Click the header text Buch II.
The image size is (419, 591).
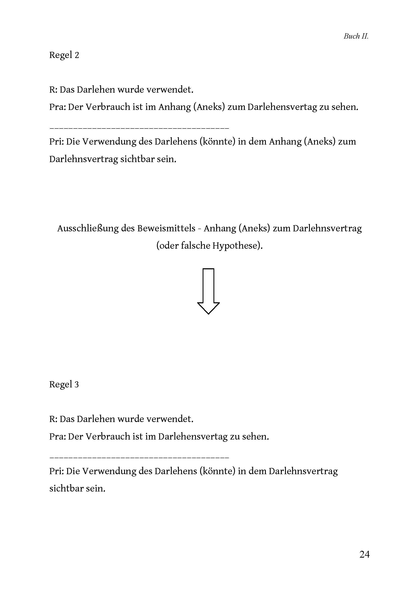coord(356,36)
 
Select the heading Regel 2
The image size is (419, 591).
coord(64,55)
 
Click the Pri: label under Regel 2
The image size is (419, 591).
coord(57,142)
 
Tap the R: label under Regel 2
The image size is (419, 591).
coord(53,90)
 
